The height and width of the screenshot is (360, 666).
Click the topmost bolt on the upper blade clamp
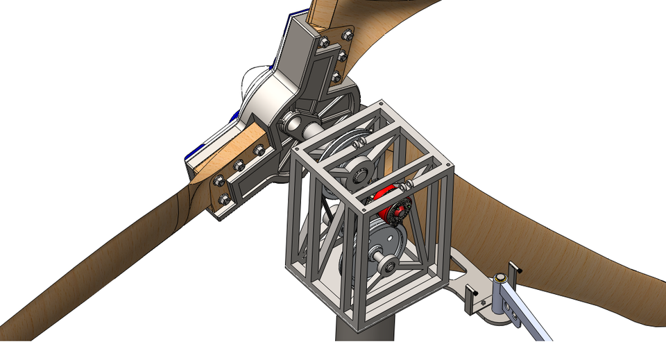(347, 33)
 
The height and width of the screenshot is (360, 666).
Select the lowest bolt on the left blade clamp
(223, 200)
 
